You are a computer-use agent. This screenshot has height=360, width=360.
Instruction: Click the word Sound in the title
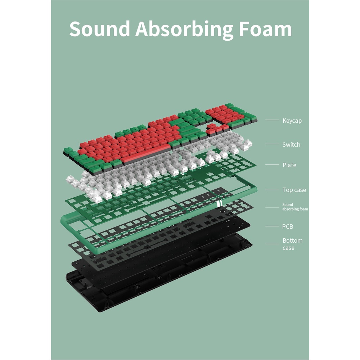click(x=99, y=29)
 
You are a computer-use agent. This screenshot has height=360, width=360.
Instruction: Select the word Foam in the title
click(x=265, y=29)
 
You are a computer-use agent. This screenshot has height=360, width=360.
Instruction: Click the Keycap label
click(x=292, y=121)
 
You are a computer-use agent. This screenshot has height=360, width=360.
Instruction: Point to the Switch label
click(x=291, y=145)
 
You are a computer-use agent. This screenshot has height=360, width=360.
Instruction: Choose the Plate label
click(x=289, y=165)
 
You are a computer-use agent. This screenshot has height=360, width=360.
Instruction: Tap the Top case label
click(x=294, y=190)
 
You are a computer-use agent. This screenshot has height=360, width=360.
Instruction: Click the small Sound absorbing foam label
click(x=295, y=207)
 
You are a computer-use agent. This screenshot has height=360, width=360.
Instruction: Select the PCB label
click(x=288, y=226)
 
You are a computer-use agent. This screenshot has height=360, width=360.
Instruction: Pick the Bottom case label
click(x=292, y=244)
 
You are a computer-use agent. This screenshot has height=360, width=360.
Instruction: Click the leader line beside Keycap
click(x=272, y=120)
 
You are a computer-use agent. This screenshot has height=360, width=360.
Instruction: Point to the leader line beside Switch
click(x=272, y=144)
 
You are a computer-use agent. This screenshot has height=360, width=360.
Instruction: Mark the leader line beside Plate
click(x=272, y=165)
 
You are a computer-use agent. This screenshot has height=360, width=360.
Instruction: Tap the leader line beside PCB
click(x=272, y=226)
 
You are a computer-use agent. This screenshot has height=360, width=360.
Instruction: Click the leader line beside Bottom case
click(x=272, y=244)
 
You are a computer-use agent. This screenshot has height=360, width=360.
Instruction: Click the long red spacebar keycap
click(x=146, y=154)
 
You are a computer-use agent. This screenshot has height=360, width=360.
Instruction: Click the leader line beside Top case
click(x=272, y=190)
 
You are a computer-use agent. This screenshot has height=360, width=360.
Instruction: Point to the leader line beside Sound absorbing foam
click(x=272, y=207)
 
